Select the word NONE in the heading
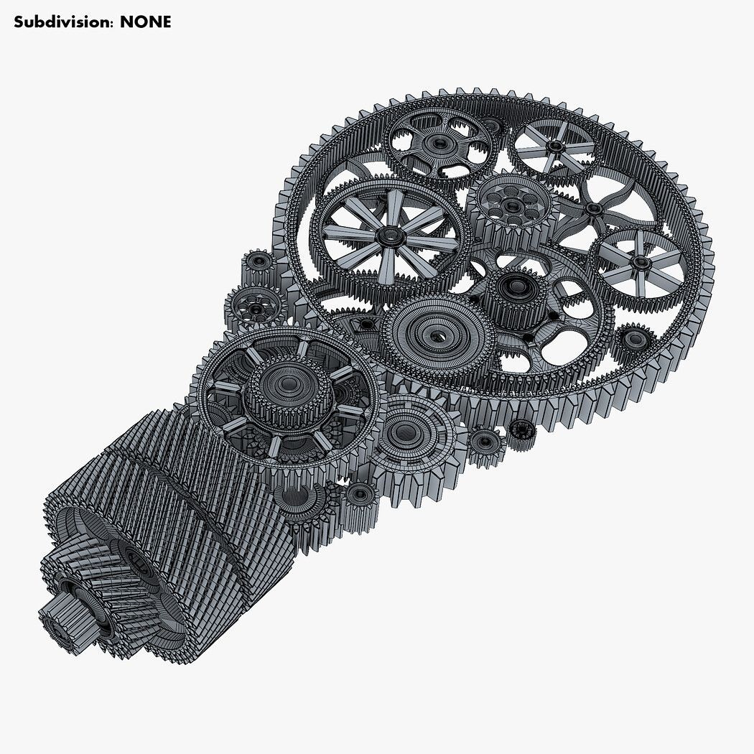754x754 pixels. click(x=145, y=22)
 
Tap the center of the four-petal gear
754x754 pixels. click(x=593, y=209)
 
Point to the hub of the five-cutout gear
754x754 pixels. click(x=439, y=143)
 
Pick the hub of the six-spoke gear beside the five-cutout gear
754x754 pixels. click(x=556, y=146)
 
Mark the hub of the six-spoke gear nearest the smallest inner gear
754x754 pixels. click(x=641, y=263)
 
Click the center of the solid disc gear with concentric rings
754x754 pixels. click(x=438, y=335)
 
